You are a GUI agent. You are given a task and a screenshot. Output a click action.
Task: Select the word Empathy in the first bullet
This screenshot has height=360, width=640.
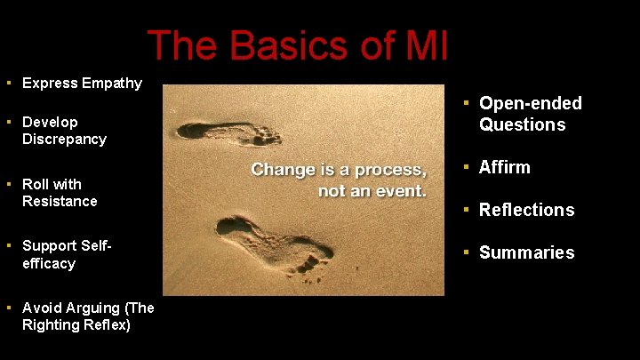point(111,83)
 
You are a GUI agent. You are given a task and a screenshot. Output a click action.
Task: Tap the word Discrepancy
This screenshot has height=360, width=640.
point(64,139)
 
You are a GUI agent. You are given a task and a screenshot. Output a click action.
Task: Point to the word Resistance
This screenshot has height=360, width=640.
point(60,201)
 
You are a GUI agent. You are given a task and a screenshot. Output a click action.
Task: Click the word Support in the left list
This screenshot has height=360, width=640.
point(51,244)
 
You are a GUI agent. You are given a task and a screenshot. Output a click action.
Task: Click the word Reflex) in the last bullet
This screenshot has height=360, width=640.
point(106,324)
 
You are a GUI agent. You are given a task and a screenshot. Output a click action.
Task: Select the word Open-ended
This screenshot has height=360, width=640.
point(531,103)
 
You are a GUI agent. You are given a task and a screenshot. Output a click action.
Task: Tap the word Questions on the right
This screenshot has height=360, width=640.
point(522,124)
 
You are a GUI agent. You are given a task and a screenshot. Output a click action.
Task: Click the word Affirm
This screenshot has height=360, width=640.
point(504,167)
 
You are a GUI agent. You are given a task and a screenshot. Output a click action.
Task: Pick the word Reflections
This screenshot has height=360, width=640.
point(526,210)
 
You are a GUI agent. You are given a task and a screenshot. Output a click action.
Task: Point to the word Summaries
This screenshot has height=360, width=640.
point(526,252)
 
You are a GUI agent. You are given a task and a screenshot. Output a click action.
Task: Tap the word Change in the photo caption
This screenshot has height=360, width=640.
point(282,169)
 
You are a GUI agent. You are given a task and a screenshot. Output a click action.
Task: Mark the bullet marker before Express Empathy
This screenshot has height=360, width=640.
point(7,83)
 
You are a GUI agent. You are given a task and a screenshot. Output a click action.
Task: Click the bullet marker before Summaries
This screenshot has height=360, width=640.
point(466,252)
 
